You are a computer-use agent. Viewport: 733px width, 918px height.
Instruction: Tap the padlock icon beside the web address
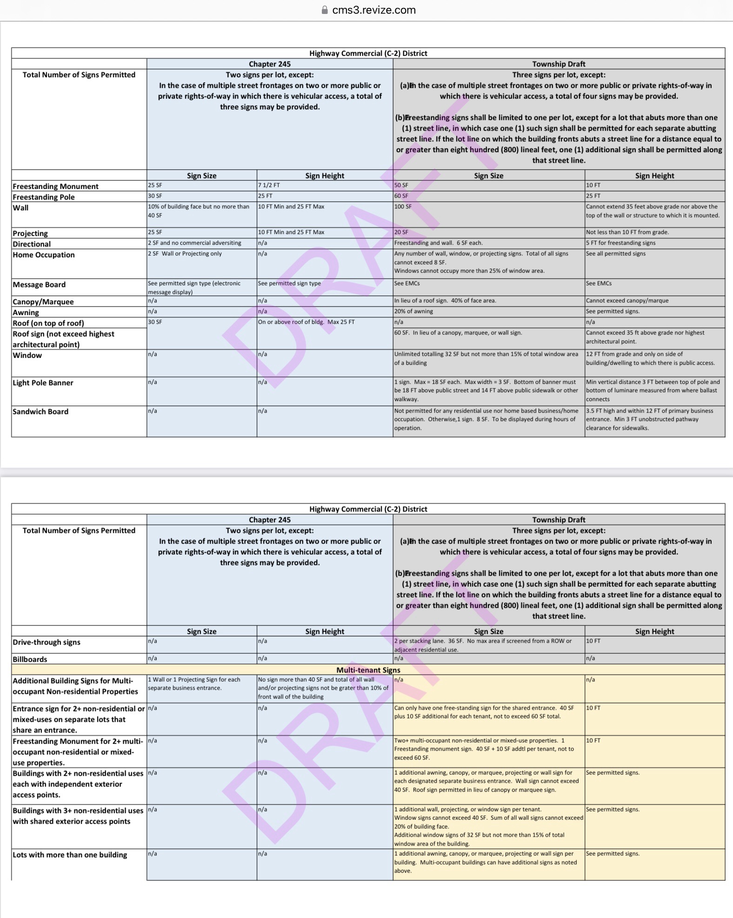[x=325, y=10]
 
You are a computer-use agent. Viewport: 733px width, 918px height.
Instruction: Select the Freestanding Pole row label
[x=44, y=197]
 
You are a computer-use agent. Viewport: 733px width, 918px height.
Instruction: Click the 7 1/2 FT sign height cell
[x=269, y=185]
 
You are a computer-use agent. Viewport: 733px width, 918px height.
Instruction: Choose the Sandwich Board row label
[x=40, y=411]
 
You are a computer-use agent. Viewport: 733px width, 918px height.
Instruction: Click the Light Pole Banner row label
[x=43, y=382]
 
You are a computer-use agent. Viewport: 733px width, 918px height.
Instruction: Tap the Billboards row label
[x=30, y=659]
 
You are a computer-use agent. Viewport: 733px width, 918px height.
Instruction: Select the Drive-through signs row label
[x=47, y=642]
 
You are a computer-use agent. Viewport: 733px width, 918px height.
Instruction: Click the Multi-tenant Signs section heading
[x=368, y=670]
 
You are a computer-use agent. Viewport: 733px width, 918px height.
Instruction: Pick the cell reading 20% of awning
[x=413, y=311]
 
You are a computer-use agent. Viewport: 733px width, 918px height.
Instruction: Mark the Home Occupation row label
[x=44, y=255]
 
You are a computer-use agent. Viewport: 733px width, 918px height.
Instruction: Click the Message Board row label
[x=39, y=284]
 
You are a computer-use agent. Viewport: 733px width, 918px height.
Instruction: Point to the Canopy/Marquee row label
[x=43, y=302]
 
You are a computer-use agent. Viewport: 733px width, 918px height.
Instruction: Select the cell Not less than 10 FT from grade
[x=627, y=232]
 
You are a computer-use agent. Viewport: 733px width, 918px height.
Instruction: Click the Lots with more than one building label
[x=70, y=855]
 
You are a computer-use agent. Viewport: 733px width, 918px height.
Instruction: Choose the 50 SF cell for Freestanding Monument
[x=401, y=185]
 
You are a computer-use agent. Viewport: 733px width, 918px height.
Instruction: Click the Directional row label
[x=32, y=244]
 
